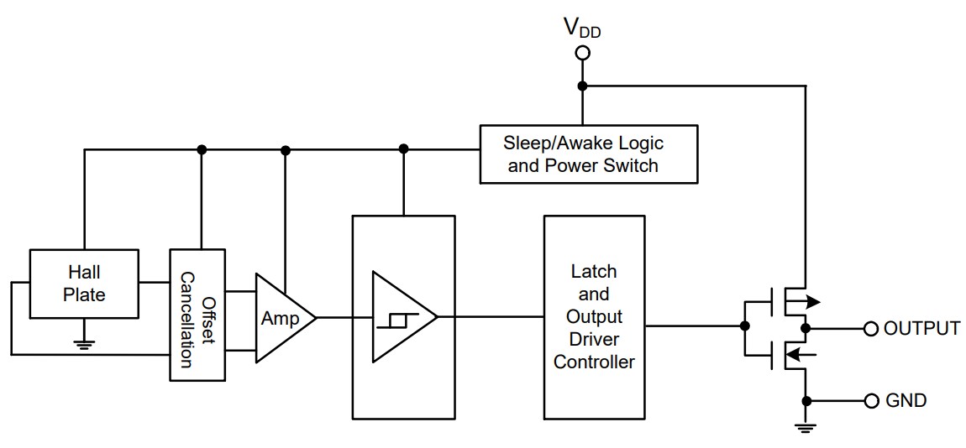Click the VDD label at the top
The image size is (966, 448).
[x=582, y=29]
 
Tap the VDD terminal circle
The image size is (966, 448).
[x=582, y=54]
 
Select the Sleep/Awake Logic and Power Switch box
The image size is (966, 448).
[x=588, y=154]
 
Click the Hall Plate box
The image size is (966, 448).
[x=85, y=283]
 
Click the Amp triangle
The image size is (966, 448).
[x=281, y=318]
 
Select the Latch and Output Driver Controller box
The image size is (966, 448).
[x=594, y=317]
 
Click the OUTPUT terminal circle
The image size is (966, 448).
[x=870, y=328]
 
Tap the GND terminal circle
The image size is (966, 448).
[x=870, y=400]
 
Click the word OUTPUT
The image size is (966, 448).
[x=921, y=328]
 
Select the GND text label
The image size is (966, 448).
[x=906, y=400]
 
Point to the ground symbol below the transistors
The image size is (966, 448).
[x=806, y=428]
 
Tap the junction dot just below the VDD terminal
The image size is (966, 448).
[x=582, y=86]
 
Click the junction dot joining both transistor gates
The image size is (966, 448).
[x=743, y=326]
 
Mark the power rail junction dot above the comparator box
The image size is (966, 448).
[x=403, y=149]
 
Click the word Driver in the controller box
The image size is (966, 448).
[x=594, y=340]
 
